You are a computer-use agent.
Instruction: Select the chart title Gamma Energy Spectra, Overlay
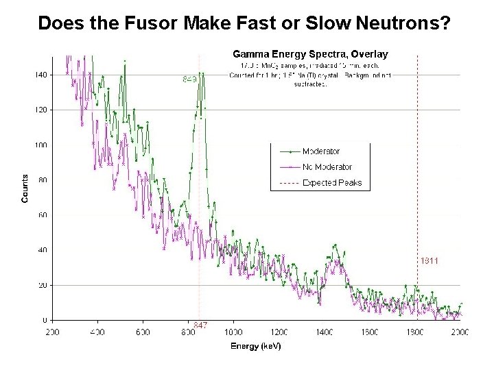[311, 53]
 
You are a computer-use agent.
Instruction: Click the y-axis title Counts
[25, 188]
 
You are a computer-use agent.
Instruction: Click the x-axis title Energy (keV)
[255, 346]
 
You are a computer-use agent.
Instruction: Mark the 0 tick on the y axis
[45, 321]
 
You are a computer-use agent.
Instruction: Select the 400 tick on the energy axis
[97, 332]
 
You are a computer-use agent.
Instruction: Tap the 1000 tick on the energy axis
[233, 332]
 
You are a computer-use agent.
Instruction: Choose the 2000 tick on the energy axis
[459, 332]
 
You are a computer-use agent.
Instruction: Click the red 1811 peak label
[429, 260]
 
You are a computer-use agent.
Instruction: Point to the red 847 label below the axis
[200, 325]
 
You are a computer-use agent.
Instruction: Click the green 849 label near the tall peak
[190, 79]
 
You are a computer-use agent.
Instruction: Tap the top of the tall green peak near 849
[200, 73]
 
